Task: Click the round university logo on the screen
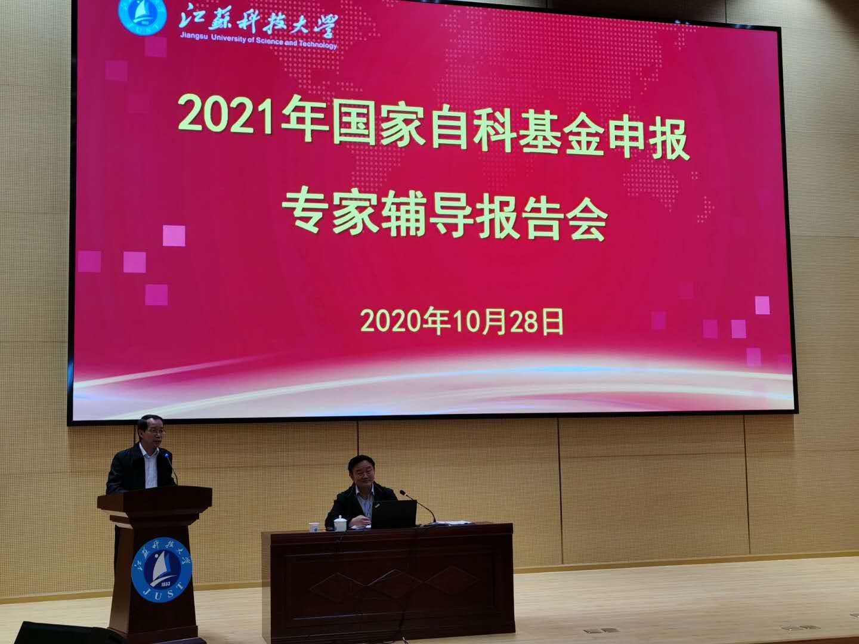coord(143,15)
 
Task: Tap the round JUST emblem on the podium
coord(162,569)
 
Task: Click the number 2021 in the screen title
coord(226,115)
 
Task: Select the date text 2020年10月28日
coord(462,321)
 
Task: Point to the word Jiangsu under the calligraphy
coord(194,36)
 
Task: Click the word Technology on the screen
coord(317,45)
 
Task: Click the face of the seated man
coord(362,472)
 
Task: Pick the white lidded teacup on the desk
coord(340,523)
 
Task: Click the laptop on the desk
coord(393,514)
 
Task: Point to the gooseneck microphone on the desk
coord(418,506)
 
